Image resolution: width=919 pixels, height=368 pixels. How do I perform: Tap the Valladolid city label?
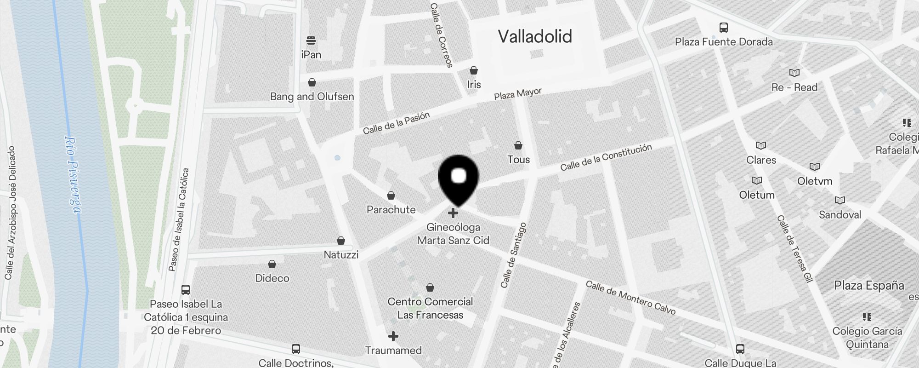535,36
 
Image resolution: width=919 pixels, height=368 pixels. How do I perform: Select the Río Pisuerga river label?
73,175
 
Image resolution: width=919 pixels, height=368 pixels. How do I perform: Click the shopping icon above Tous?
518,145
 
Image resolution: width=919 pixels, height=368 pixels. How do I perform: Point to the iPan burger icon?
311,40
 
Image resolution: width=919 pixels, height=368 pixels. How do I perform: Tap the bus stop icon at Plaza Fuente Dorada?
724,28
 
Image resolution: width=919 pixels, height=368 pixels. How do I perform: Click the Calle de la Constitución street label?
606,157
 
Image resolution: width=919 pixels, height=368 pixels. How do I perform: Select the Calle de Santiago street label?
513,255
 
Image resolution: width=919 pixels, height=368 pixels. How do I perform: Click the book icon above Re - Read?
794,73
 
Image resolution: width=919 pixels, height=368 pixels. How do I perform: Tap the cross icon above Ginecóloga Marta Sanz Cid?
453,213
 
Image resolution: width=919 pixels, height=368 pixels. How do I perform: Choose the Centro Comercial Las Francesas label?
430,308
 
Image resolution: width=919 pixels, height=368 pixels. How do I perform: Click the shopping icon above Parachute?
391,195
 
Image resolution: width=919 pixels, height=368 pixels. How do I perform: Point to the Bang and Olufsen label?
312,97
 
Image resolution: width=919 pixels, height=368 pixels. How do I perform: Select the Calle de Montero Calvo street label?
630,298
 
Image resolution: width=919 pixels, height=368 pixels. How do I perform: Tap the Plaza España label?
869,285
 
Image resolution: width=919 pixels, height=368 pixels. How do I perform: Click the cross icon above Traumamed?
393,336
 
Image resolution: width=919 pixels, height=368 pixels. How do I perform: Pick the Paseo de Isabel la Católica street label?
179,220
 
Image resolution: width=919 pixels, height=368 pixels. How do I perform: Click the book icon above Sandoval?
840,200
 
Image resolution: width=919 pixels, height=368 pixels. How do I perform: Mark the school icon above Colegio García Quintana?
867,316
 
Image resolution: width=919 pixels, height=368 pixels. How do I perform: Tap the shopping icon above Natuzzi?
341,241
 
